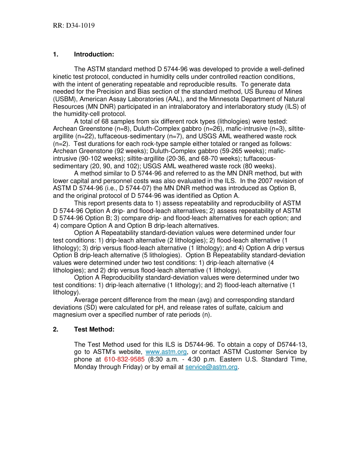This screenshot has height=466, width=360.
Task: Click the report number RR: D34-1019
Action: pos(74,26)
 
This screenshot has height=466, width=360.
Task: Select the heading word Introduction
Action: pos(94,55)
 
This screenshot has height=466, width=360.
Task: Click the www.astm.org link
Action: pos(166,352)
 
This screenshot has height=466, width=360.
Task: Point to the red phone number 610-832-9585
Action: pos(124,360)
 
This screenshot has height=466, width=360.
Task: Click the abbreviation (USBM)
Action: pos(64,99)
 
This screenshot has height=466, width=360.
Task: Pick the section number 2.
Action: pos(56,330)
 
